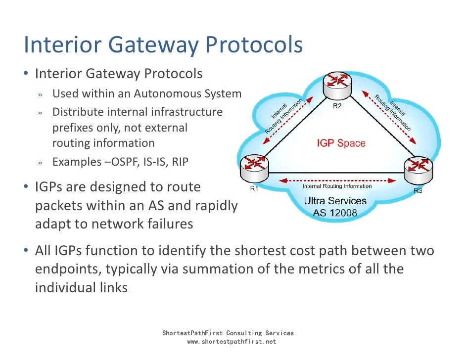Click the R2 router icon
(337, 86)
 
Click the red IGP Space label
(341, 143)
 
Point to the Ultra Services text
(335, 201)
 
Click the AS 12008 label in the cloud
(335, 214)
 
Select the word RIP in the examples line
(180, 162)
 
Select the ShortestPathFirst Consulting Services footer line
(228, 333)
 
